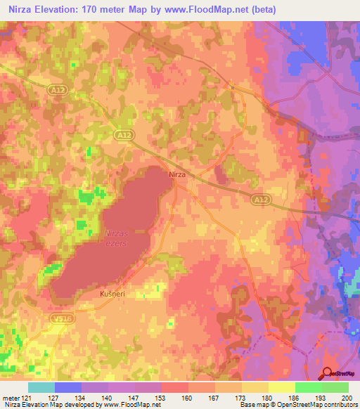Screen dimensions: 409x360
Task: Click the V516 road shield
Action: coord(61,319)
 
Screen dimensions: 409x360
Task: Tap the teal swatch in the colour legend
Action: coord(41,387)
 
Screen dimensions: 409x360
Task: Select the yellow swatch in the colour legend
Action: coord(281,387)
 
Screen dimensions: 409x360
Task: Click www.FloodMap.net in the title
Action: coord(215,10)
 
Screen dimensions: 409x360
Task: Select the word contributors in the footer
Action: coord(340,405)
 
